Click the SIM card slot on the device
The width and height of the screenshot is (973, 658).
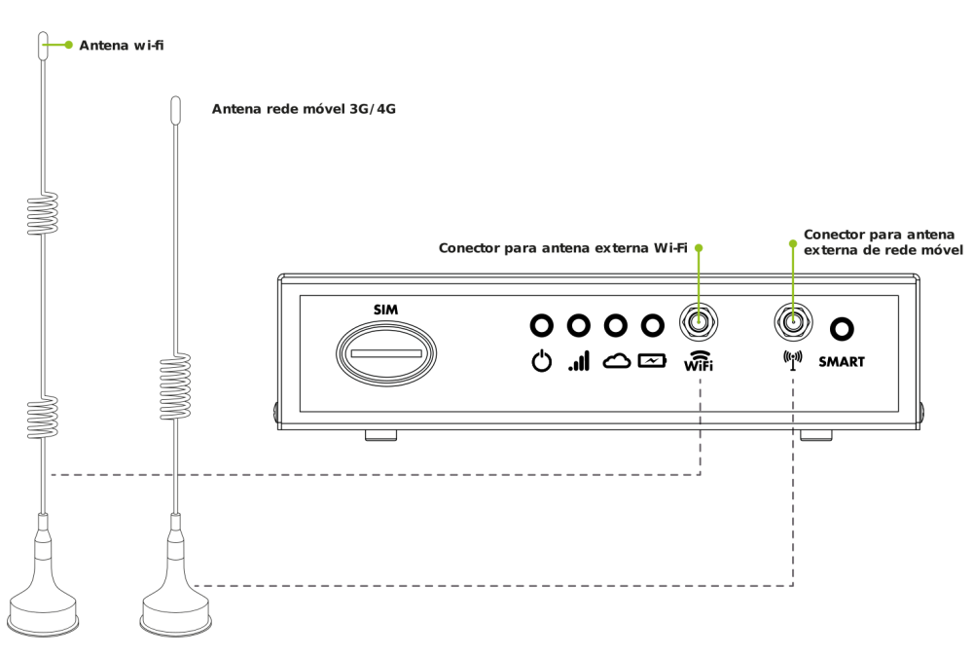(x=386, y=351)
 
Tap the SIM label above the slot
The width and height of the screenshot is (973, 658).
(x=386, y=310)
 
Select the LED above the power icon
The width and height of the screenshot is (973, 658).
(x=542, y=324)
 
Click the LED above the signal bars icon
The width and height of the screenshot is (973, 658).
(x=579, y=324)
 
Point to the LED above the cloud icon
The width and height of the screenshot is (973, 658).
(x=616, y=324)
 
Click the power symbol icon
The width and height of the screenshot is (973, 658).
(x=542, y=362)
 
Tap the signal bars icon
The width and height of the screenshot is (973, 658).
(x=579, y=362)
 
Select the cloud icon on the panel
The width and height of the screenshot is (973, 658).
(x=617, y=361)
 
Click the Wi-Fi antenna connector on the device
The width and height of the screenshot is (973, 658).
(x=699, y=320)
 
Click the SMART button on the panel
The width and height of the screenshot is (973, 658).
(x=842, y=329)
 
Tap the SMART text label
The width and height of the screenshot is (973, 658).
(x=842, y=362)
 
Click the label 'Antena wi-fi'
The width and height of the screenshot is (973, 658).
(x=122, y=45)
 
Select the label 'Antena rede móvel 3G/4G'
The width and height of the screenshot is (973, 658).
(x=304, y=109)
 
